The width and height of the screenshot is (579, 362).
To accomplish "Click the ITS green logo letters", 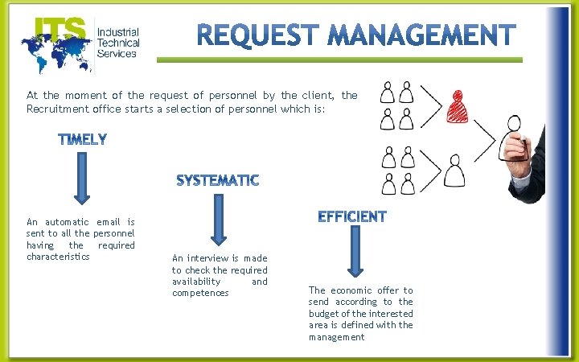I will pos(60,30).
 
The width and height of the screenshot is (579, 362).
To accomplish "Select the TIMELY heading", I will pos(83,140).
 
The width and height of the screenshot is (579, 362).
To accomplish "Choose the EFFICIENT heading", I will pos(352,216).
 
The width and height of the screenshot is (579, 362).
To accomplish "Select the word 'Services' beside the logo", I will pos(117,54).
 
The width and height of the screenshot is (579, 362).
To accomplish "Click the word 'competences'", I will pos(200,293).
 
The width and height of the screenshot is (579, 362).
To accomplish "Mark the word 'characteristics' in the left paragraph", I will pos(58,257).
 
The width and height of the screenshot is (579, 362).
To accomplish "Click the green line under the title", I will pos(339,60).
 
